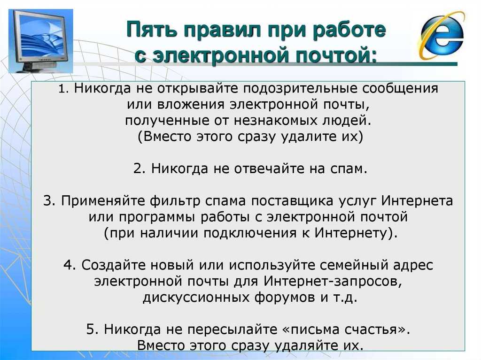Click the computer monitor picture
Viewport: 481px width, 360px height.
[41, 41]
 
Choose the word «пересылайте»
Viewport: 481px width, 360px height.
[232, 330]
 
